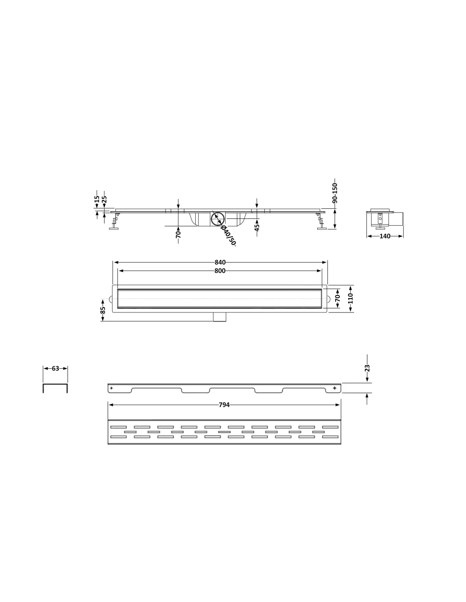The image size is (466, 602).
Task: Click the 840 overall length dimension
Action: (x=220, y=262)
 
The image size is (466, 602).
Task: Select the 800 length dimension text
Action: (x=220, y=271)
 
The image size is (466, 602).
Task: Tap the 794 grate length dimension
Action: (x=224, y=405)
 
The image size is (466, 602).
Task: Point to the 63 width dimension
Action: (x=55, y=368)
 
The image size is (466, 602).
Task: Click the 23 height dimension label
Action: (x=367, y=368)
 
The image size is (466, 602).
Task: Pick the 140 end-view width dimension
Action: (x=385, y=236)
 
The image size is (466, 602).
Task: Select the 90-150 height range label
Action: (x=335, y=193)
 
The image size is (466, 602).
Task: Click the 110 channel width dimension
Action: (x=350, y=298)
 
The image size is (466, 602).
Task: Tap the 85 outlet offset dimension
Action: (x=103, y=310)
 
